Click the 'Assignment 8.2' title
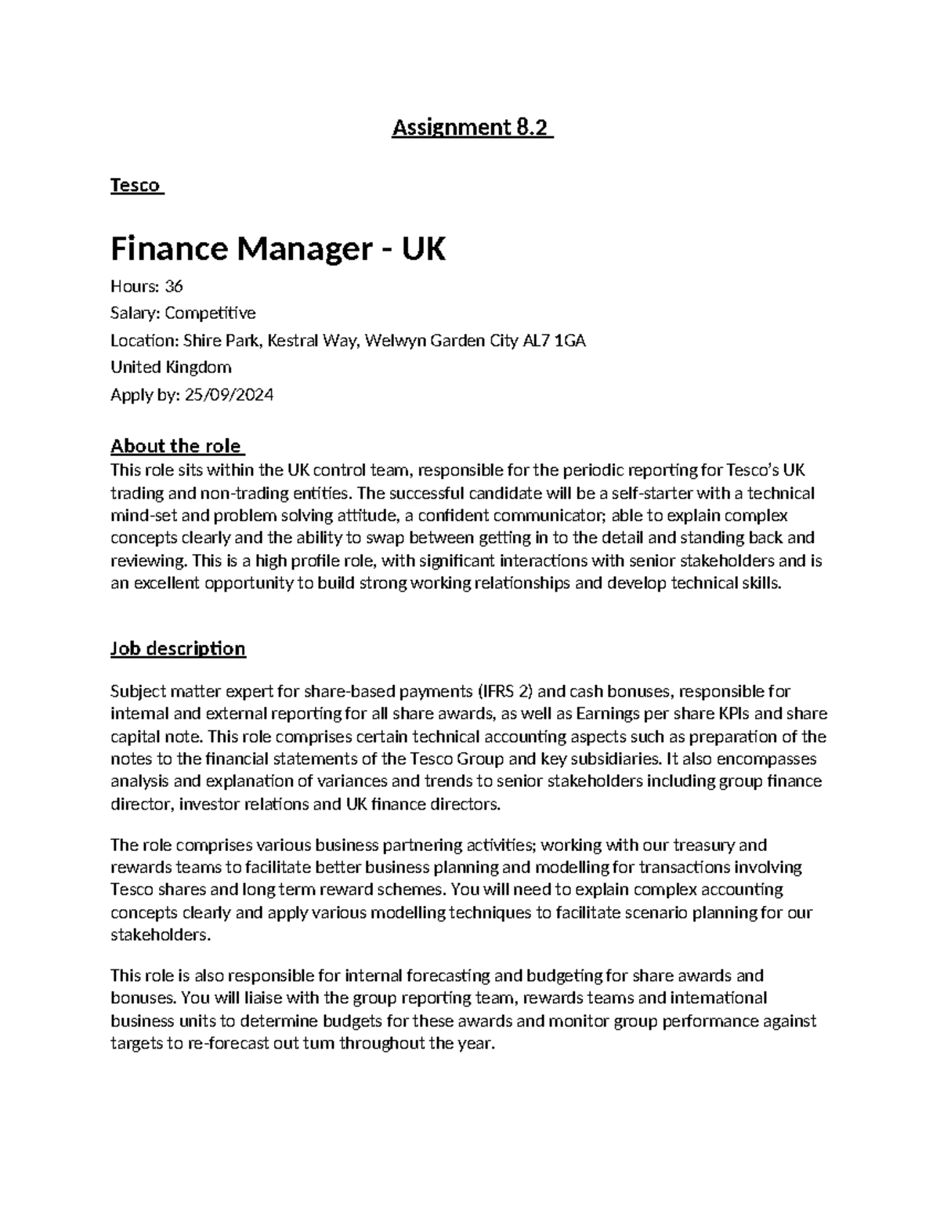[472, 128]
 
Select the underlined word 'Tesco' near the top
[136, 186]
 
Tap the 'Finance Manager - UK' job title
[278, 250]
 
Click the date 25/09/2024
[229, 395]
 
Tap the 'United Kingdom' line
[171, 368]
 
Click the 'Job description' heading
[178, 649]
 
